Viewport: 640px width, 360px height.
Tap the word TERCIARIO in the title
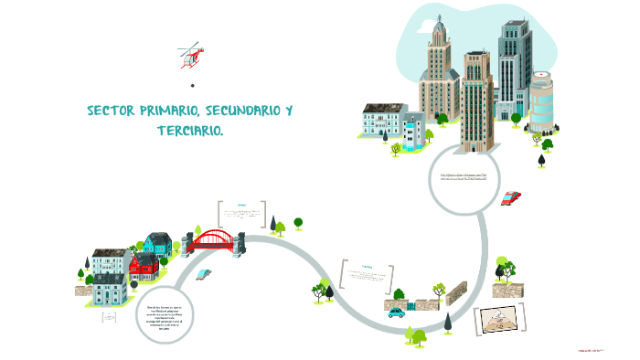[188, 132]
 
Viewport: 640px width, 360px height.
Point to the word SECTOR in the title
[111, 111]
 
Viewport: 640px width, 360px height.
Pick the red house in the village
[144, 266]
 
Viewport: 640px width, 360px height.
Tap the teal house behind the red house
[156, 244]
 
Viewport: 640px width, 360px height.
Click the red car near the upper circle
[511, 197]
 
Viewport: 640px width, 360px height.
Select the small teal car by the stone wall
[397, 312]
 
